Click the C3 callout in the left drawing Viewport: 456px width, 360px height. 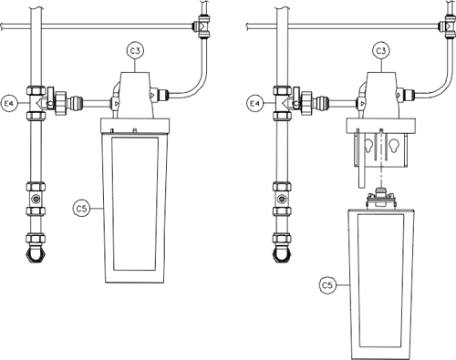[x=135, y=51]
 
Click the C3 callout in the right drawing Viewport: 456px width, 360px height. [x=381, y=51]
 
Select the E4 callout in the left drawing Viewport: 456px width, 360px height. [x=9, y=104]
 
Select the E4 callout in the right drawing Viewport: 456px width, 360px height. [x=254, y=104]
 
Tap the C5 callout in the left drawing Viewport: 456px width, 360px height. [x=81, y=209]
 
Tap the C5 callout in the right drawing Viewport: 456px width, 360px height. [x=327, y=285]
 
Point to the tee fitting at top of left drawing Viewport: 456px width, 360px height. [x=202, y=26]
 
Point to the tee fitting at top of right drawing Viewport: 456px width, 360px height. [x=449, y=26]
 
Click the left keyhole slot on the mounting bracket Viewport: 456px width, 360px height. [x=369, y=145]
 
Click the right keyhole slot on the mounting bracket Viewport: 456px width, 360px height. [x=393, y=145]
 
